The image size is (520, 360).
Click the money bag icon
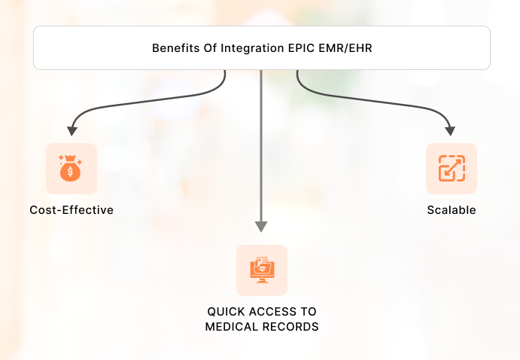click(71, 168)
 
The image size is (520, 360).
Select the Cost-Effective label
click(71, 210)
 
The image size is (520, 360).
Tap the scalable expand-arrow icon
click(452, 168)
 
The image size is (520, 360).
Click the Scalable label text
click(452, 210)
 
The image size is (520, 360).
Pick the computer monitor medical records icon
click(261, 270)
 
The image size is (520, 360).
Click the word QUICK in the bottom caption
click(225, 312)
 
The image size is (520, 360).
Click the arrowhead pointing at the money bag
click(72, 130)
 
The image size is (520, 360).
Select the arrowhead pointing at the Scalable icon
click(452, 130)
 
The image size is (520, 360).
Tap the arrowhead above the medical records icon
click(261, 226)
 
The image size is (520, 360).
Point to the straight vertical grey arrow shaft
click(261, 151)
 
